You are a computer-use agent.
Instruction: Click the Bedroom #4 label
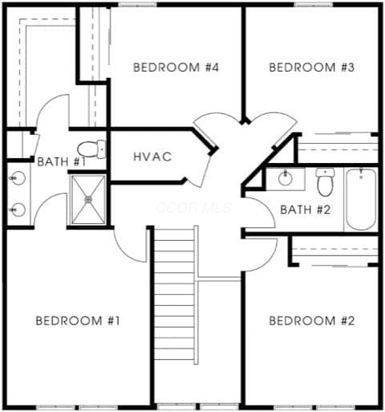[x=176, y=67]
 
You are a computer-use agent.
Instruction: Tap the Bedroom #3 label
[x=312, y=67]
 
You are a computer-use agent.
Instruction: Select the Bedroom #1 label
[x=78, y=320]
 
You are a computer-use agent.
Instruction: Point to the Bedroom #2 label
[x=312, y=320]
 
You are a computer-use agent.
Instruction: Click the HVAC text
[x=152, y=157]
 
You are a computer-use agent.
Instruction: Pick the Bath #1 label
[x=62, y=162]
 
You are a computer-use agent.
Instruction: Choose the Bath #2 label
[x=306, y=210]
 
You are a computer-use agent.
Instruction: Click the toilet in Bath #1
[x=91, y=149]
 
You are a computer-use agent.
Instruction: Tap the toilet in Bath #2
[x=325, y=182]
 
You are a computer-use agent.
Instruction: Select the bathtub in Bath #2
[x=361, y=199]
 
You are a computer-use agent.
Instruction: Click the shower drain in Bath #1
[x=88, y=199]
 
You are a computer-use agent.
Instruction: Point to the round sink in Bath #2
[x=285, y=178]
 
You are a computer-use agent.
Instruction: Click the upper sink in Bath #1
[x=18, y=178]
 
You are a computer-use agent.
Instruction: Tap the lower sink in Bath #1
[x=18, y=210]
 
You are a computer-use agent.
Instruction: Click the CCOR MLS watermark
[x=194, y=208]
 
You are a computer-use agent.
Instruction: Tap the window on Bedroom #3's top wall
[x=314, y=4]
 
